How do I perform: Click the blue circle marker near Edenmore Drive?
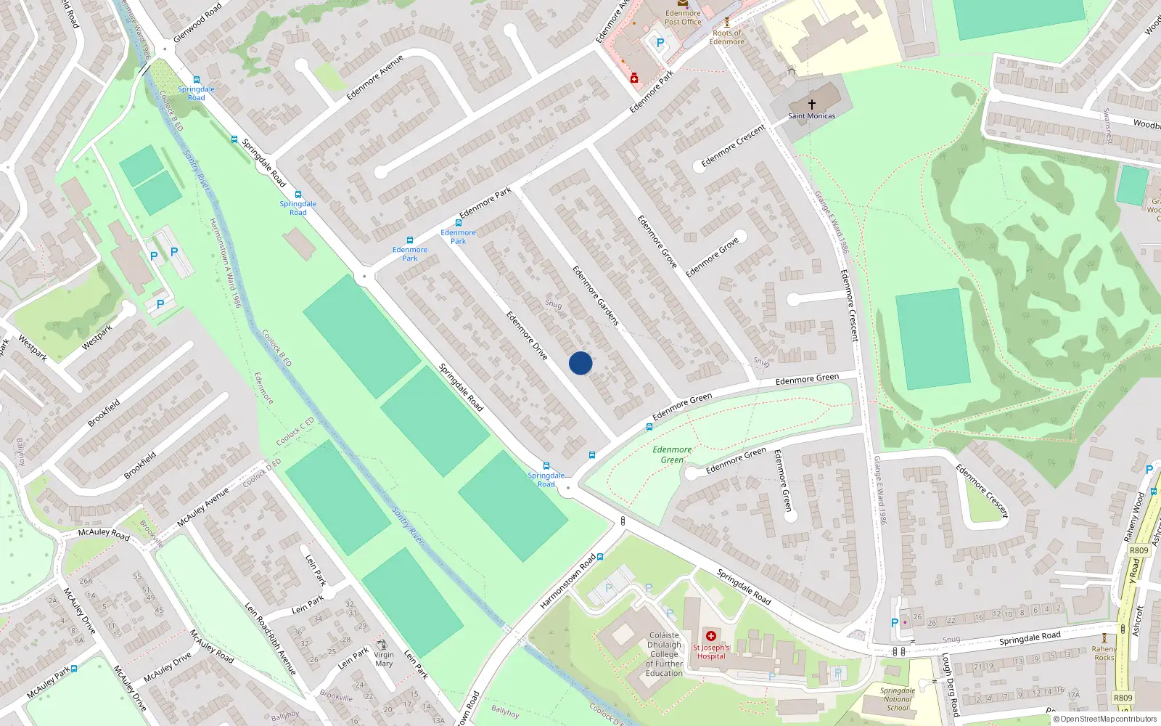pyautogui.click(x=580, y=363)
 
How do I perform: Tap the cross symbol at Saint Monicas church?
pyautogui.click(x=811, y=105)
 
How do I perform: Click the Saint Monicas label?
pyautogui.click(x=811, y=116)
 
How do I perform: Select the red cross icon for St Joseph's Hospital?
pyautogui.click(x=711, y=636)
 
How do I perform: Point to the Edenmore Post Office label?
pyautogui.click(x=683, y=17)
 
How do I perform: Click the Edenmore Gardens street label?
pyautogui.click(x=595, y=295)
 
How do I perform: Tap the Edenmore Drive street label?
pyautogui.click(x=527, y=335)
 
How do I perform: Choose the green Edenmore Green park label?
pyautogui.click(x=672, y=454)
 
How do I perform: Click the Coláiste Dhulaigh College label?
pyautogui.click(x=664, y=654)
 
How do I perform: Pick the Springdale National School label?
pyautogui.click(x=897, y=699)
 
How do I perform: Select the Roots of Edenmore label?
pyautogui.click(x=727, y=37)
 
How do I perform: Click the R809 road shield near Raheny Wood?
pyautogui.click(x=1139, y=550)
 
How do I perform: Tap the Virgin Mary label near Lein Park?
pyautogui.click(x=384, y=659)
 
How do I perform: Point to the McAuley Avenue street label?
pyautogui.click(x=203, y=506)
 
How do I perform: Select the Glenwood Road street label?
pyautogui.click(x=197, y=22)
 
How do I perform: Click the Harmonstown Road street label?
pyautogui.click(x=567, y=582)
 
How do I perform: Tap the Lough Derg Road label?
pyautogui.click(x=951, y=685)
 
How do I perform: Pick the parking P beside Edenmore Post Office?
pyautogui.click(x=660, y=43)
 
